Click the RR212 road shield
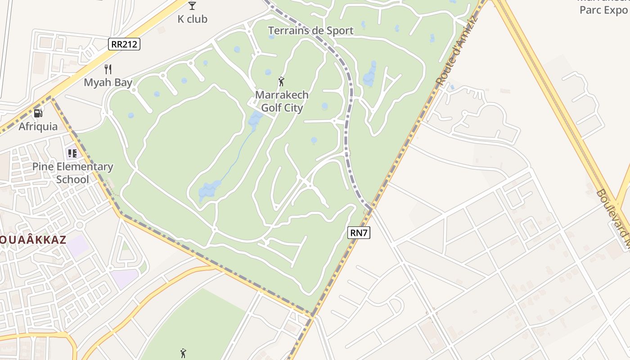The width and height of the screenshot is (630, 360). coord(124,44)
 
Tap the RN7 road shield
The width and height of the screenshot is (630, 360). coord(359,233)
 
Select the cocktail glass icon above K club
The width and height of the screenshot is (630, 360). coord(192,6)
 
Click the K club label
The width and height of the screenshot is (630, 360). coord(192,19)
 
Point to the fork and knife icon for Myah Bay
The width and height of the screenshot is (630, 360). coord(108,69)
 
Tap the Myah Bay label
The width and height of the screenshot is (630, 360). coord(108,82)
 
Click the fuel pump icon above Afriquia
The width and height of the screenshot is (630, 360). coord(38,113)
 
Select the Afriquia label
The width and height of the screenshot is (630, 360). coord(38,126)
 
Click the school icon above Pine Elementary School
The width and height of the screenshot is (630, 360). coord(72,153)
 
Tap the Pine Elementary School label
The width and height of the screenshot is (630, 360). coord(72,173)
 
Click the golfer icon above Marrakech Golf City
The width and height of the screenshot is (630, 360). coord(282,81)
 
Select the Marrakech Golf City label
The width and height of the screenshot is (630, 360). coord(282,101)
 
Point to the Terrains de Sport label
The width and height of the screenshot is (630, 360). coord(310,31)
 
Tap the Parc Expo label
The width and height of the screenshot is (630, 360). coord(603,10)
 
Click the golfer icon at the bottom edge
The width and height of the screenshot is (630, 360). coord(183,353)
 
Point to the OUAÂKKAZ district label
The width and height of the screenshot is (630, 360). coord(33,240)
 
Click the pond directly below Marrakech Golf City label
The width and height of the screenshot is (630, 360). coord(256,119)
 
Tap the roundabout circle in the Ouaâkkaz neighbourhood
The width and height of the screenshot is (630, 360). coord(80,225)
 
